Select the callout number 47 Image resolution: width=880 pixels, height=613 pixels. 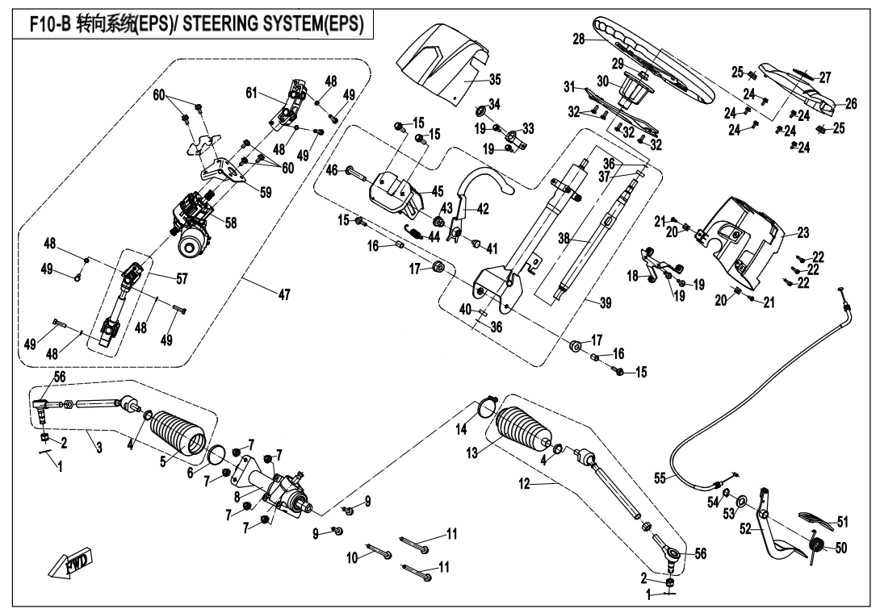284,296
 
